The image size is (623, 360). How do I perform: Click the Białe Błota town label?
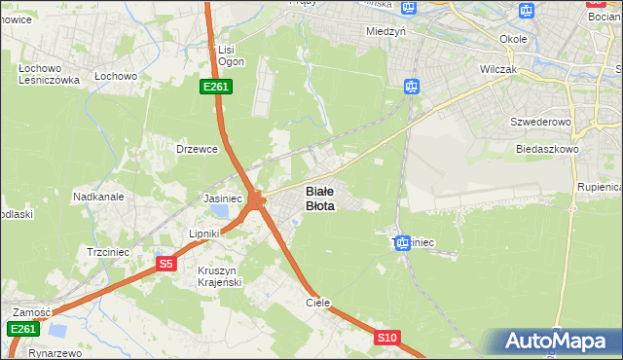(x=320, y=198)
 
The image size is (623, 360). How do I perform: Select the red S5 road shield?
(x=165, y=264)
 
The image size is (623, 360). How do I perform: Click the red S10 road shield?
(x=387, y=337)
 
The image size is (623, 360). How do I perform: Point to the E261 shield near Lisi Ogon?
(x=216, y=87)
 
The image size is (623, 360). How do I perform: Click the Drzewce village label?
(x=195, y=149)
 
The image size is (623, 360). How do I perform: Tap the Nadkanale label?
(x=98, y=196)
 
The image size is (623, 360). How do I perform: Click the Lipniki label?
(x=206, y=235)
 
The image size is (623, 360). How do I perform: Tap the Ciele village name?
(x=318, y=303)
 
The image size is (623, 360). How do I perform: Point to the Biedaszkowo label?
(x=547, y=149)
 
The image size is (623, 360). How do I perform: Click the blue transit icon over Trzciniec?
(x=403, y=243)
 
